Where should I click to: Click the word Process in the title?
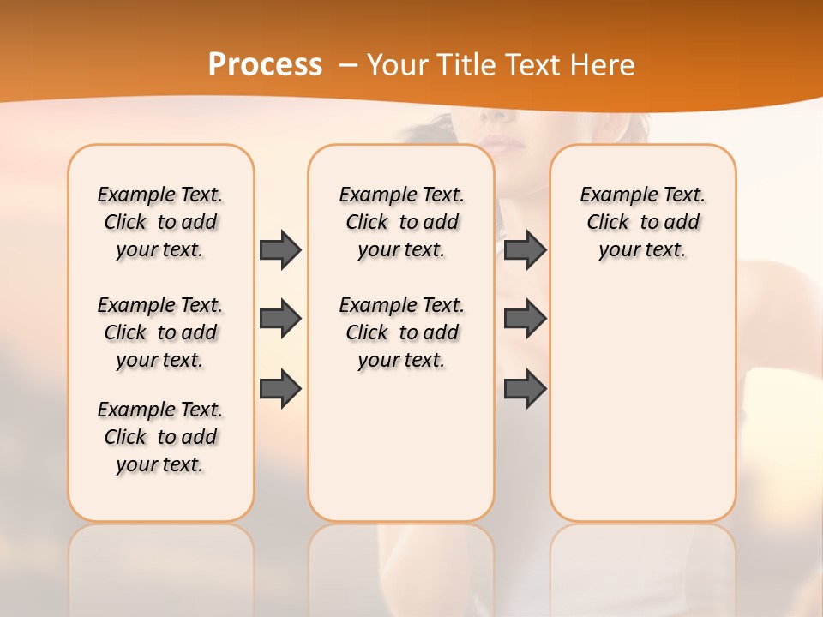pyautogui.click(x=265, y=65)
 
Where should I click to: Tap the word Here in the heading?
pyautogui.click(x=600, y=65)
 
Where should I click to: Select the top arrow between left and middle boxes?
pyautogui.click(x=280, y=249)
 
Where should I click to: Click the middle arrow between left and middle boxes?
pyautogui.click(x=280, y=319)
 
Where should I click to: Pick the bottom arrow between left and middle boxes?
pyautogui.click(x=280, y=389)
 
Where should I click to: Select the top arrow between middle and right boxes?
pyautogui.click(x=525, y=249)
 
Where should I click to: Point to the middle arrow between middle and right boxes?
pyautogui.click(x=525, y=319)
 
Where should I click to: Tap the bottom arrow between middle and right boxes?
pyautogui.click(x=525, y=389)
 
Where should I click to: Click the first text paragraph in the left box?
pyautogui.click(x=160, y=222)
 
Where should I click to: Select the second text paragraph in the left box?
pyautogui.click(x=160, y=332)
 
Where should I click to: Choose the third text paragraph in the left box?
pyautogui.click(x=160, y=437)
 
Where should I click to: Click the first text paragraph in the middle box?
pyautogui.click(x=401, y=222)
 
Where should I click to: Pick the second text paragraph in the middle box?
pyautogui.click(x=401, y=332)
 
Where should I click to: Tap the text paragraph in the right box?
pyautogui.click(x=642, y=222)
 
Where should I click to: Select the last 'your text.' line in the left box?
pyautogui.click(x=160, y=464)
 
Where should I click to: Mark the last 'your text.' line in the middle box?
pyautogui.click(x=401, y=360)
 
